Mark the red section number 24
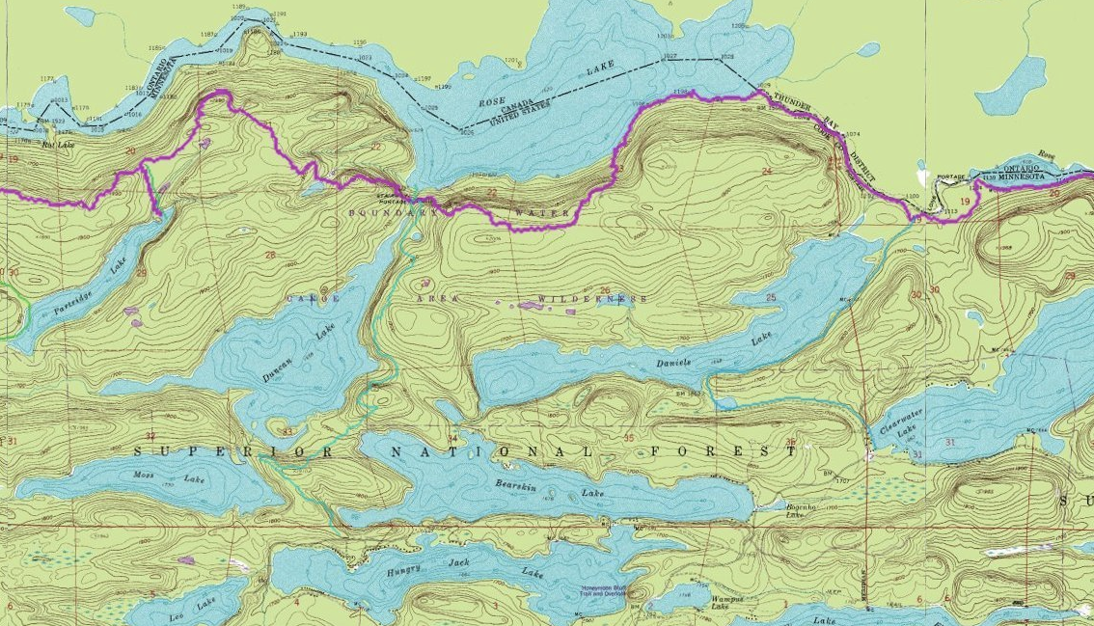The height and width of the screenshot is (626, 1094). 767,171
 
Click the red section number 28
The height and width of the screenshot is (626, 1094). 269,256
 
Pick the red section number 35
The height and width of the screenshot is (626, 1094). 630,439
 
